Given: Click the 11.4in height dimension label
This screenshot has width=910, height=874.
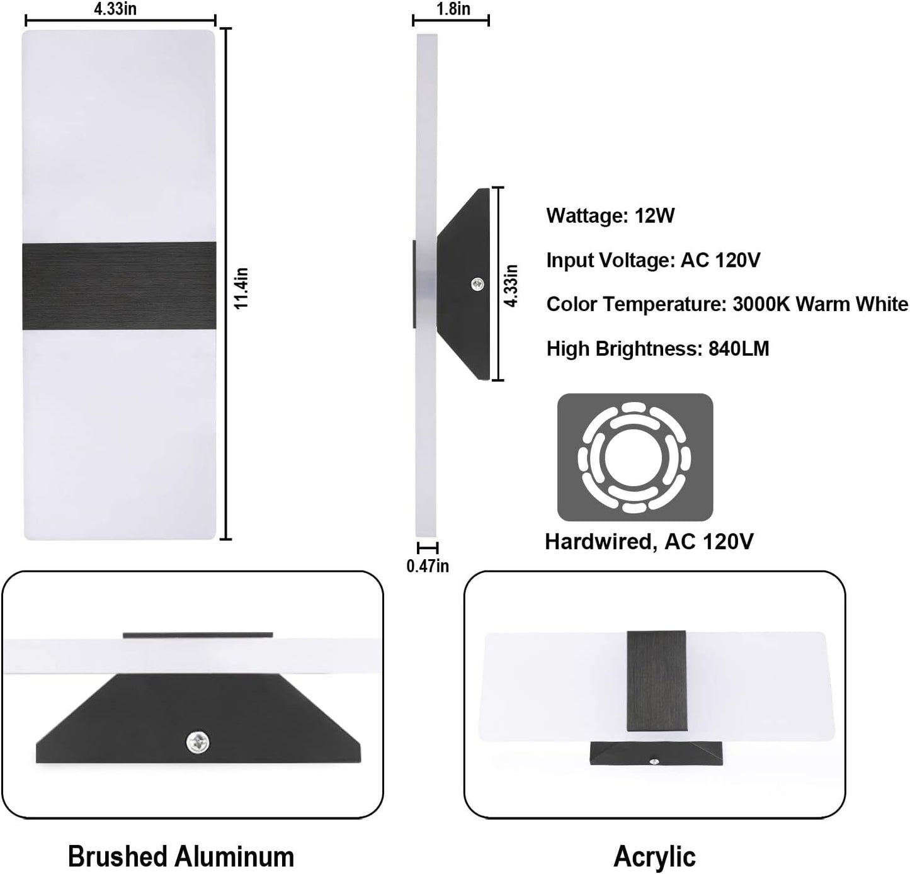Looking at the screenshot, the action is [x=241, y=288].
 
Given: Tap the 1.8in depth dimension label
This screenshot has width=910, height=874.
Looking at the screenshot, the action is [x=453, y=8].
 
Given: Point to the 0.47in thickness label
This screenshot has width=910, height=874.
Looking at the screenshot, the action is [x=428, y=566].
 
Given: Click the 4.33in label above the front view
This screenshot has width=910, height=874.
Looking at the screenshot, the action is [x=115, y=8].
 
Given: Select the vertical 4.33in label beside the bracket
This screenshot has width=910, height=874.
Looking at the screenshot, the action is [x=511, y=286].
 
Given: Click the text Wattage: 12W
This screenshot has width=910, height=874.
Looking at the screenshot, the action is [x=610, y=215].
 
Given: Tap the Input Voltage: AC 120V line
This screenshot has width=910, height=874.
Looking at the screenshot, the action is [x=653, y=260].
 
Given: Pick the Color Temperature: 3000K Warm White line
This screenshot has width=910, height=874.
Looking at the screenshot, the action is [x=727, y=304].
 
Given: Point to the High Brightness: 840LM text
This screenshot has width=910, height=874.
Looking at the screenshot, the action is [x=657, y=348].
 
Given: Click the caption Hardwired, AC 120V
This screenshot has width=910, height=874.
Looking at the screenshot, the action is [x=649, y=542].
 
